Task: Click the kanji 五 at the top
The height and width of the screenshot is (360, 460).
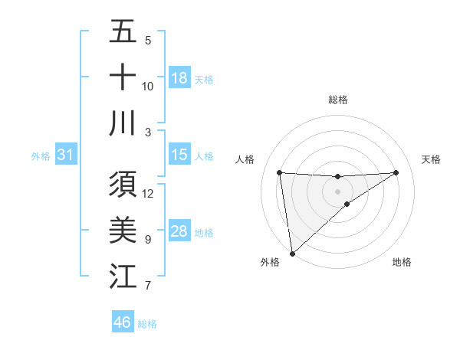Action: (x=123, y=32)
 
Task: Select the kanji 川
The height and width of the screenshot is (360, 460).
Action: (x=123, y=123)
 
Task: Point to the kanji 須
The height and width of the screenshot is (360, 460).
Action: (x=123, y=185)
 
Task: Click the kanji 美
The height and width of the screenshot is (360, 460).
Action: (x=123, y=230)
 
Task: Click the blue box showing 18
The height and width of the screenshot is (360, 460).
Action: (x=179, y=77)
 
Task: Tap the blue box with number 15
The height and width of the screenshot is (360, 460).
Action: (x=179, y=155)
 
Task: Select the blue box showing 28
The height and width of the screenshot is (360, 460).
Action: (x=179, y=231)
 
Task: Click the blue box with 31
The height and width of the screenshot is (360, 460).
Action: (x=66, y=155)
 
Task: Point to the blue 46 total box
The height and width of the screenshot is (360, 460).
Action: (x=123, y=322)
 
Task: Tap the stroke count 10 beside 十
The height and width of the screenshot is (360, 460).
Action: (x=148, y=86)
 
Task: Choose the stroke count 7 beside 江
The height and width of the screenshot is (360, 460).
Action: (x=148, y=286)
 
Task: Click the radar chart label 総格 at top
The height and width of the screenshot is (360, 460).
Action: (x=337, y=100)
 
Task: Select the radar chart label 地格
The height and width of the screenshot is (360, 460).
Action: (x=402, y=263)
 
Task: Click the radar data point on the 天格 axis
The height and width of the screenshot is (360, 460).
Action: (x=396, y=172)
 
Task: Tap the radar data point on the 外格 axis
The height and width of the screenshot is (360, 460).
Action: (x=291, y=253)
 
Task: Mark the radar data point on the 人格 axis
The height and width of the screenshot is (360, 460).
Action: (x=279, y=172)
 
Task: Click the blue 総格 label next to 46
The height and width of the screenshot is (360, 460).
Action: (x=147, y=324)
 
